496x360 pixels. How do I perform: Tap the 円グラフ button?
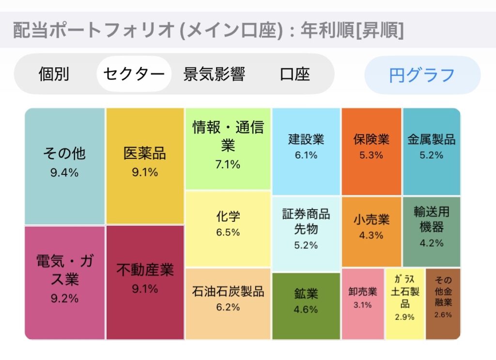pyautogui.click(x=422, y=75)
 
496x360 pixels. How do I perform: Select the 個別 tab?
pyautogui.click(x=54, y=74)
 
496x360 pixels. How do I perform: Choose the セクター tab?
pyautogui.click(x=134, y=74)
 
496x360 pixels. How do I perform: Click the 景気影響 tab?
pyautogui.click(x=214, y=74)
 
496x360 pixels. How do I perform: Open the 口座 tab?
pyautogui.click(x=294, y=74)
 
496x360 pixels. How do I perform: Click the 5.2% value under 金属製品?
pyautogui.click(x=432, y=155)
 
